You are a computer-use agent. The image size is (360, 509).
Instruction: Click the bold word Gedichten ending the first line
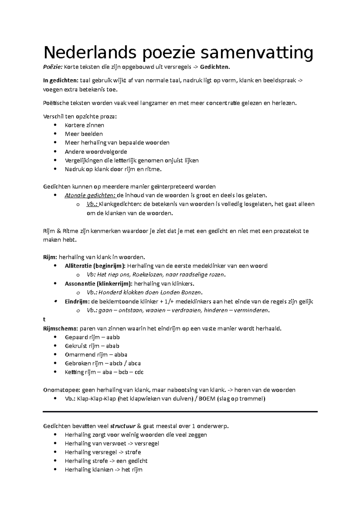pyautogui.click(x=214, y=67)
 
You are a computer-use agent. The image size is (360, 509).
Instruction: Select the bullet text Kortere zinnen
pyautogui.click(x=84, y=125)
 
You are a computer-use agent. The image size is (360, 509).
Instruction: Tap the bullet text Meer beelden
pyautogui.click(x=84, y=134)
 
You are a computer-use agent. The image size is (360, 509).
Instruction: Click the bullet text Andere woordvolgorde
pyautogui.click(x=96, y=152)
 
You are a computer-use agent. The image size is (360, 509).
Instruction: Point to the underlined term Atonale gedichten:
pyautogui.click(x=90, y=196)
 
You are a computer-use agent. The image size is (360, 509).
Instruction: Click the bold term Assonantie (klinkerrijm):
pyautogui.click(x=98, y=284)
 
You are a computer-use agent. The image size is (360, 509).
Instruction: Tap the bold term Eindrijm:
pyautogui.click(x=77, y=302)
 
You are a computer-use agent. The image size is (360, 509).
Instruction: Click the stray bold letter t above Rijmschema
pyautogui.click(x=44, y=320)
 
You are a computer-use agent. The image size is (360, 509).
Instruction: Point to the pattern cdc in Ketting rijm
pyautogui.click(x=139, y=372)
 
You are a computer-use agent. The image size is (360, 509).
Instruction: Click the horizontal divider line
pyautogui.click(x=180, y=412)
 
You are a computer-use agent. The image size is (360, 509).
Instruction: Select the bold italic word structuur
pyautogui.click(x=123, y=426)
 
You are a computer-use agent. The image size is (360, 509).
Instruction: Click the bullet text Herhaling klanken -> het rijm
pyautogui.click(x=103, y=470)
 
